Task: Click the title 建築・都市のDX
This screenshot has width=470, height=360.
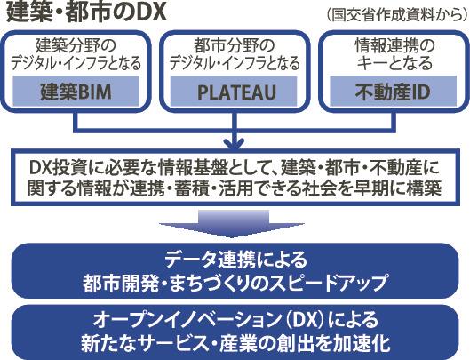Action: (86, 12)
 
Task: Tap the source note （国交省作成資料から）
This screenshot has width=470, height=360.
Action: (396, 14)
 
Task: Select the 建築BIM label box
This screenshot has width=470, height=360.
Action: (76, 91)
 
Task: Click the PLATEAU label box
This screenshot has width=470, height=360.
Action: (234, 91)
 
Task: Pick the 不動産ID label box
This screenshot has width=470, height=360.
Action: (393, 91)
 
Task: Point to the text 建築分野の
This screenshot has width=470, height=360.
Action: (76, 46)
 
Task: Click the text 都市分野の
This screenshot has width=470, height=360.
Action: (234, 46)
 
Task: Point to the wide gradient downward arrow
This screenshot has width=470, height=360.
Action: (232, 224)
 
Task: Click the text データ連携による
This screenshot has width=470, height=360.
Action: (236, 260)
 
